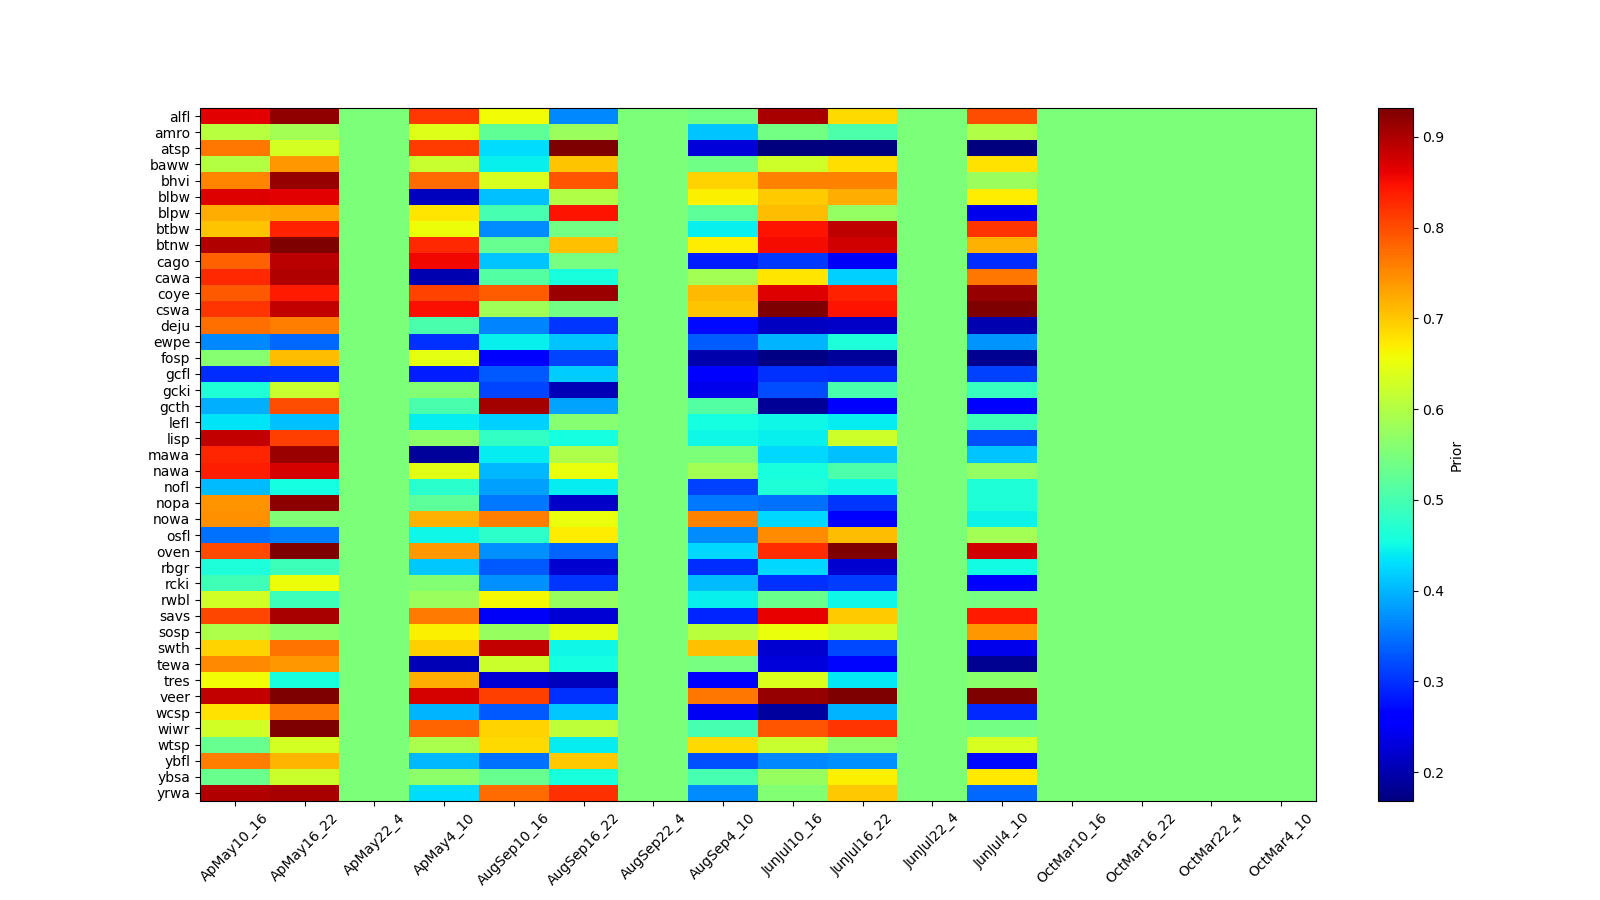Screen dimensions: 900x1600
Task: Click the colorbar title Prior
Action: [x=1456, y=456]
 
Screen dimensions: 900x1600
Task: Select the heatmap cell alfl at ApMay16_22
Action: [x=305, y=117]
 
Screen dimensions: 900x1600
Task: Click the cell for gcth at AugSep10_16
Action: [x=514, y=407]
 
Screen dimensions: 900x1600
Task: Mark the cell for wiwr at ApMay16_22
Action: [x=305, y=729]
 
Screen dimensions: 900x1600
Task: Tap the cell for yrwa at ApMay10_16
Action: [x=235, y=793]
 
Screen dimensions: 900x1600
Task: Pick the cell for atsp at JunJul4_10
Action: [x=1002, y=149]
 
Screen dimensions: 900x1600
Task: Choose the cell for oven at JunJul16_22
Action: [x=863, y=551]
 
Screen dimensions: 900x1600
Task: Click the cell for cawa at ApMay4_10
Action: [x=444, y=278]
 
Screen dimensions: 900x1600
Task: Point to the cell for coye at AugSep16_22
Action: [x=584, y=294]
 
